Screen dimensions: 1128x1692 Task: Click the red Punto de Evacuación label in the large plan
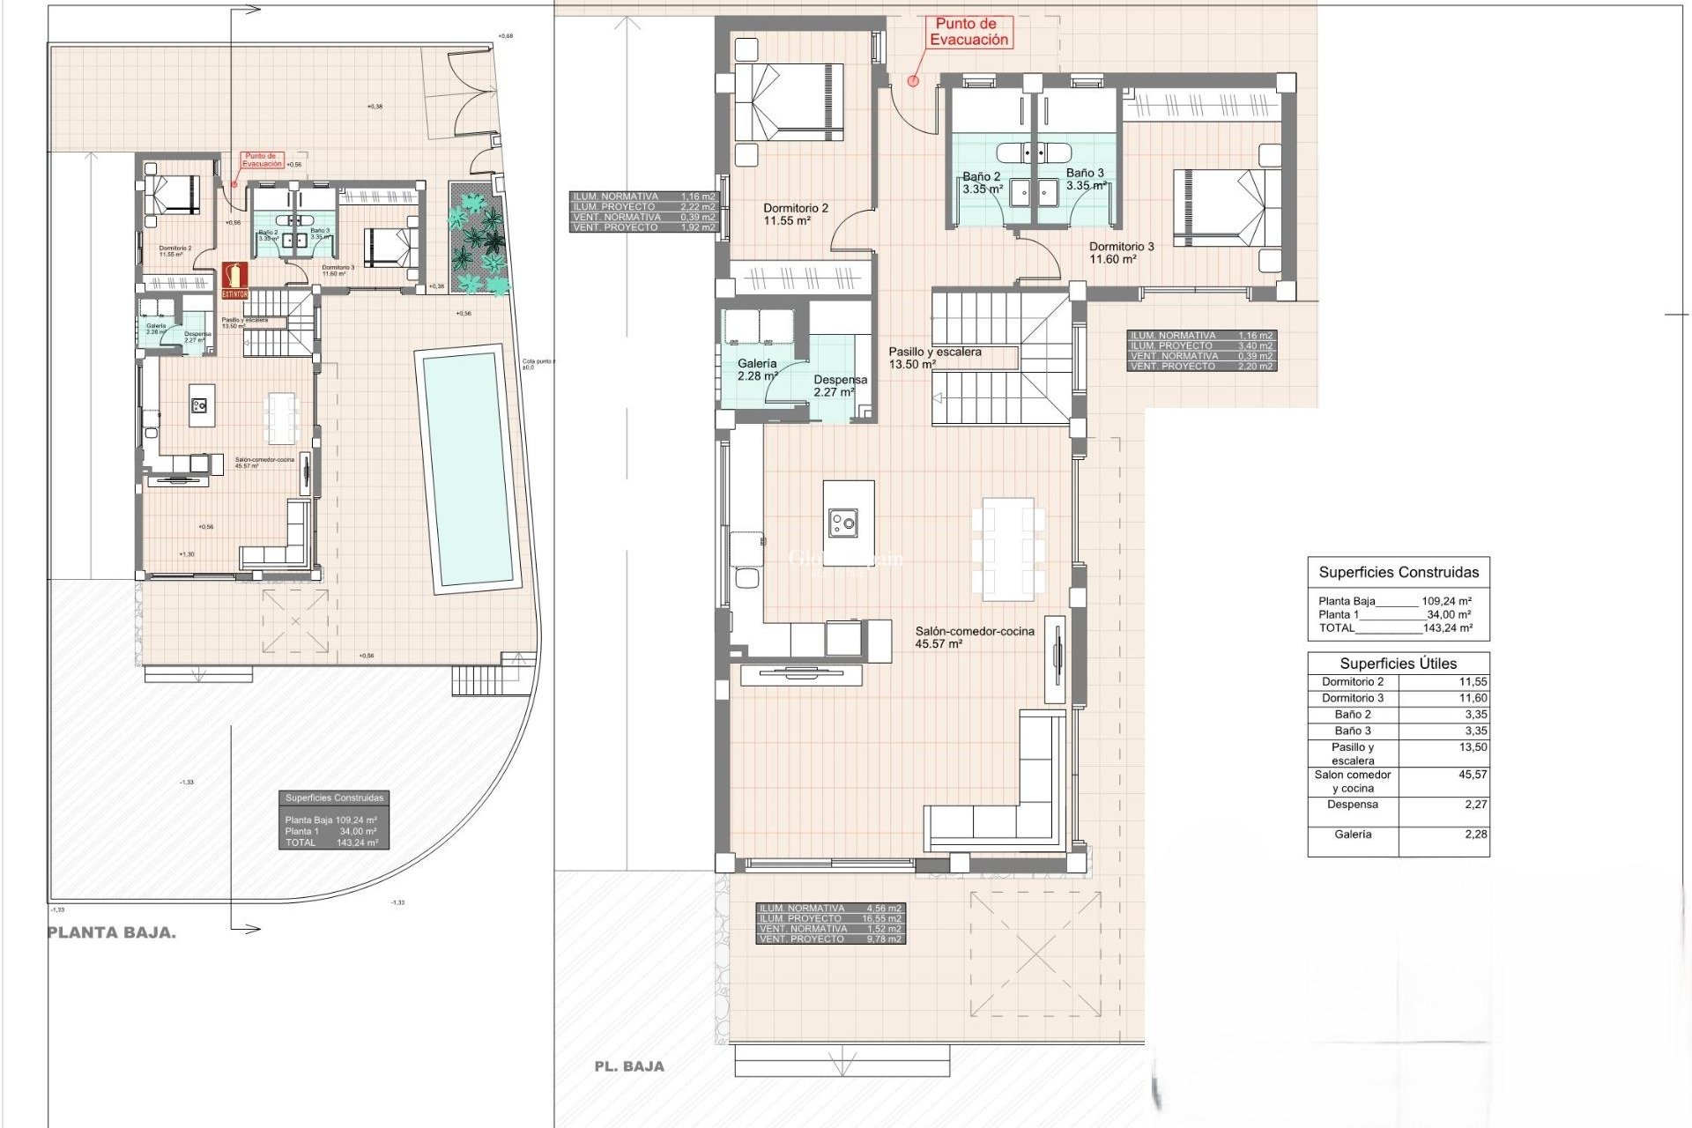coord(968,32)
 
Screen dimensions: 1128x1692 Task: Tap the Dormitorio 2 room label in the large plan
coord(796,214)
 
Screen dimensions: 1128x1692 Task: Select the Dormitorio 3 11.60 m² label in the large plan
coord(1120,253)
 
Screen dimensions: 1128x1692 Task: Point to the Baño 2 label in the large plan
coord(981,182)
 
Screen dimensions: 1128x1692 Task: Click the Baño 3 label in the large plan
coord(1085,179)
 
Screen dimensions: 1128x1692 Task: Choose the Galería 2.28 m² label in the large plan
coord(757,369)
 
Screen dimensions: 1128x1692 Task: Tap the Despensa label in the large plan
coord(839,385)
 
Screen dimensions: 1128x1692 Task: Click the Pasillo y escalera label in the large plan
coord(934,357)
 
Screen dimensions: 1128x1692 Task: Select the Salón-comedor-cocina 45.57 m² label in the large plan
coord(974,637)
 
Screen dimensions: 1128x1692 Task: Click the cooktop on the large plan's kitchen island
coord(843,524)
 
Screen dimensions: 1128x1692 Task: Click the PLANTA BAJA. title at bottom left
coord(112,932)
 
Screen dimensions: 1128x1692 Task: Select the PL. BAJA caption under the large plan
coord(629,1066)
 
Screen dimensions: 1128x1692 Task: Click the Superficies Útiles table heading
coord(1398,664)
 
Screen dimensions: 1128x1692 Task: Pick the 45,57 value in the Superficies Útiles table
coord(1472,775)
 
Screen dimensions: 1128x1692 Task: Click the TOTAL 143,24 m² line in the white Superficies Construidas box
coord(1395,628)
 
